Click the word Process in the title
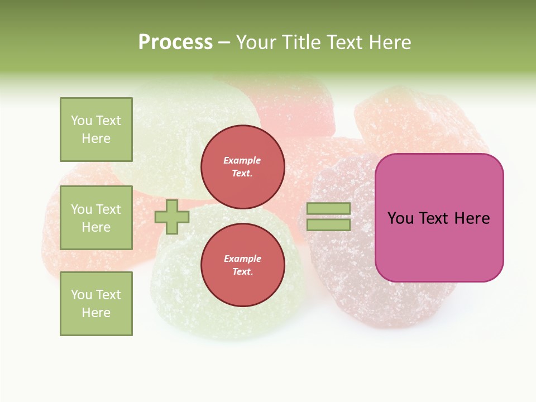click(175, 42)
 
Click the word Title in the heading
click(300, 42)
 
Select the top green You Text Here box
click(96, 130)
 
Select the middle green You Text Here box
click(96, 218)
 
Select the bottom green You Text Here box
click(96, 303)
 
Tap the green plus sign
click(172, 217)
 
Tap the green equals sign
click(328, 217)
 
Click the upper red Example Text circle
click(243, 167)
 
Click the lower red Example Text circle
click(243, 265)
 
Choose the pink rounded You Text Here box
click(439, 218)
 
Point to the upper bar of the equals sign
click(328, 209)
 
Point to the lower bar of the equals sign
click(328, 224)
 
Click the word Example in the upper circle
click(242, 160)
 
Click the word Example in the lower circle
click(242, 259)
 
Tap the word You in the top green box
click(82, 121)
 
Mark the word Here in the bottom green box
click(96, 313)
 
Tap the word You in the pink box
click(400, 218)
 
